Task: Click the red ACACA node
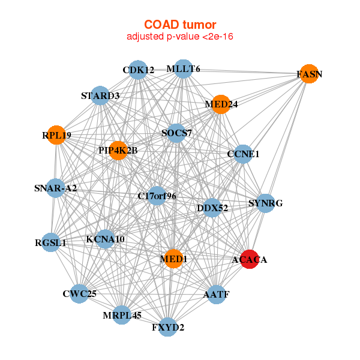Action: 250,259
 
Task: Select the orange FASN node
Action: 309,74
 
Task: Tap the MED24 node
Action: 221,104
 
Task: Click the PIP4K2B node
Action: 119,150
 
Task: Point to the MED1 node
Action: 173,259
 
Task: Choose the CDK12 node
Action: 138,70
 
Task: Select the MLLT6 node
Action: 184,69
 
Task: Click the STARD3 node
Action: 100,95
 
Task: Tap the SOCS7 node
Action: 176,133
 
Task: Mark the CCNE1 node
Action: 243,154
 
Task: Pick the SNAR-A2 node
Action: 55,188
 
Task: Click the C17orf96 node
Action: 157,196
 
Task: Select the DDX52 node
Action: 212,208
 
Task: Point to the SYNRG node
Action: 265,203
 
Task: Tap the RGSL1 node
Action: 51,243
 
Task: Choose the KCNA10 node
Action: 105,239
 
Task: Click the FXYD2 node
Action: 168,327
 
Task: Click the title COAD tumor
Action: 180,25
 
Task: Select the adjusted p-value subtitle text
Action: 180,37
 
